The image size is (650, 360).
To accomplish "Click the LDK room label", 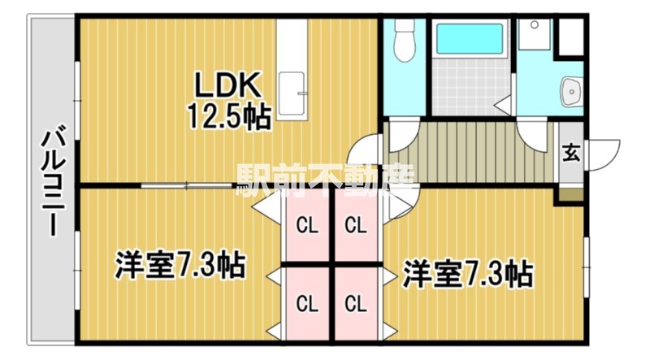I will pyautogui.click(x=226, y=85).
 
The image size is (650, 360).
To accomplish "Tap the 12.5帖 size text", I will pyautogui.click(x=229, y=118).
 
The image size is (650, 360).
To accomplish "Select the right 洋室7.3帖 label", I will pyautogui.click(x=468, y=272).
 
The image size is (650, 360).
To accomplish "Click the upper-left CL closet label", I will pyautogui.click(x=306, y=225).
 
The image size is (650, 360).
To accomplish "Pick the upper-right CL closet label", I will pyautogui.click(x=354, y=225).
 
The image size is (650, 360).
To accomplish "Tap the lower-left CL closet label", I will pyautogui.click(x=306, y=305).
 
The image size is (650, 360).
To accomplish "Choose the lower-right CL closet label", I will pyautogui.click(x=354, y=305).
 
